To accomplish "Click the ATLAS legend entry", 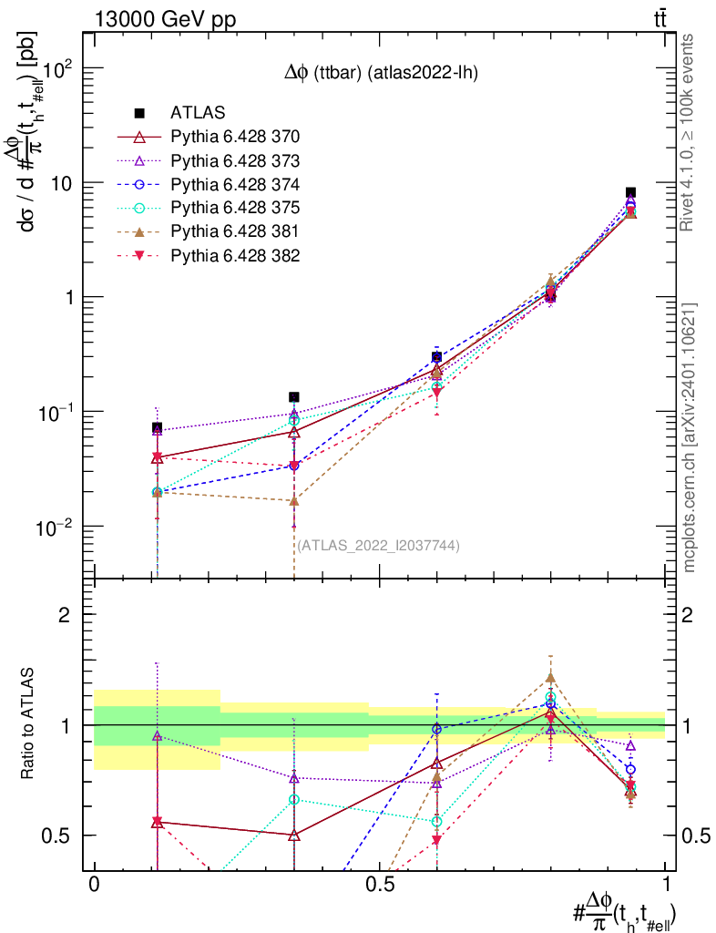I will pyautogui.click(x=197, y=113).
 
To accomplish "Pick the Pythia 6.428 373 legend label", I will pyautogui.click(x=235, y=160).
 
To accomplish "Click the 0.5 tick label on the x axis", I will pyautogui.click(x=379, y=885).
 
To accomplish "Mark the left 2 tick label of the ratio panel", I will pyautogui.click(x=65, y=615).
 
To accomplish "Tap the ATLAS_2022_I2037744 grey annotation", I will pyautogui.click(x=378, y=546).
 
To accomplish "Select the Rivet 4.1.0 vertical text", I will pyautogui.click(x=690, y=132).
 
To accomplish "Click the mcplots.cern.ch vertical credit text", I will pyautogui.click(x=690, y=437).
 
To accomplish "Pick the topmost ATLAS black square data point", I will pyautogui.click(x=630, y=192).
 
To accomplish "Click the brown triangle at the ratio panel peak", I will pyautogui.click(x=550, y=678).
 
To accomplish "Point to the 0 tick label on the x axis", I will pyautogui.click(x=93, y=885).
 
